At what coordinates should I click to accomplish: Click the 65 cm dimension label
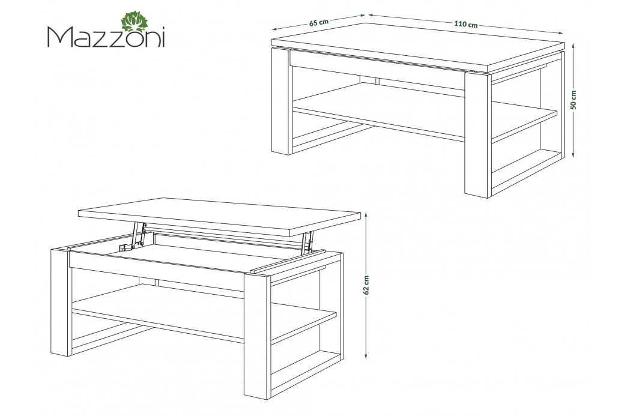pos(319,22)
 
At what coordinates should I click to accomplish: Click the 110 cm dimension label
pos(465,24)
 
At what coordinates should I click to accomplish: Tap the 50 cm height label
pos(574,100)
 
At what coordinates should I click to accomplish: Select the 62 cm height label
pos(366,285)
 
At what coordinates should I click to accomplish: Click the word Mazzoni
pos(106,37)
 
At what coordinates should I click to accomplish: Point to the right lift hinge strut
pos(307,243)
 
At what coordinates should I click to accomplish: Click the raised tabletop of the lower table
pos(219,216)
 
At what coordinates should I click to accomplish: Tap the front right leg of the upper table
pos(478,135)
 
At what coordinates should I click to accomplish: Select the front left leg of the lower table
pos(61,302)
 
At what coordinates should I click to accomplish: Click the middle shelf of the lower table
pos(204,314)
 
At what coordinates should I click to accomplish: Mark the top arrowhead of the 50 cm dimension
pos(574,46)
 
